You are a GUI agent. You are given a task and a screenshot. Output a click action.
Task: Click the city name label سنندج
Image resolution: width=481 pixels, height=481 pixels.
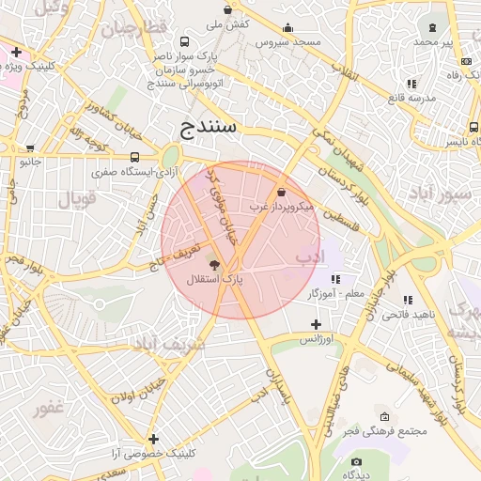point(215,128)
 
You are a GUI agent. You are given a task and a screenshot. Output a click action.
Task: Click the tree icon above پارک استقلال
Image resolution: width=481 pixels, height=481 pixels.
point(214,266)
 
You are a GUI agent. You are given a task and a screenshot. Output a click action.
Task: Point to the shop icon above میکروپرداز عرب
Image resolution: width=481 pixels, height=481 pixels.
point(281,192)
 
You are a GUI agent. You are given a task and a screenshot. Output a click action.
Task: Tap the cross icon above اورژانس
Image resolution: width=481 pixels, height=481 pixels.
point(317,324)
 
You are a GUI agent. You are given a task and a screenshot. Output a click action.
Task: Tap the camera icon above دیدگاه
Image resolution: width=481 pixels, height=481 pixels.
point(357,461)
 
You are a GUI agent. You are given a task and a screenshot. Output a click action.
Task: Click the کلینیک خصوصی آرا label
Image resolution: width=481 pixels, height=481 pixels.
point(153,453)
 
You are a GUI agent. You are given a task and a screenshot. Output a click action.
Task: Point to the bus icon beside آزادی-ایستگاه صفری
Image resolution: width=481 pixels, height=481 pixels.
point(135,158)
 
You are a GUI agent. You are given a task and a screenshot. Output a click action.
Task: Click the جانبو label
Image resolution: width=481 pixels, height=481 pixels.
point(32,162)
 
